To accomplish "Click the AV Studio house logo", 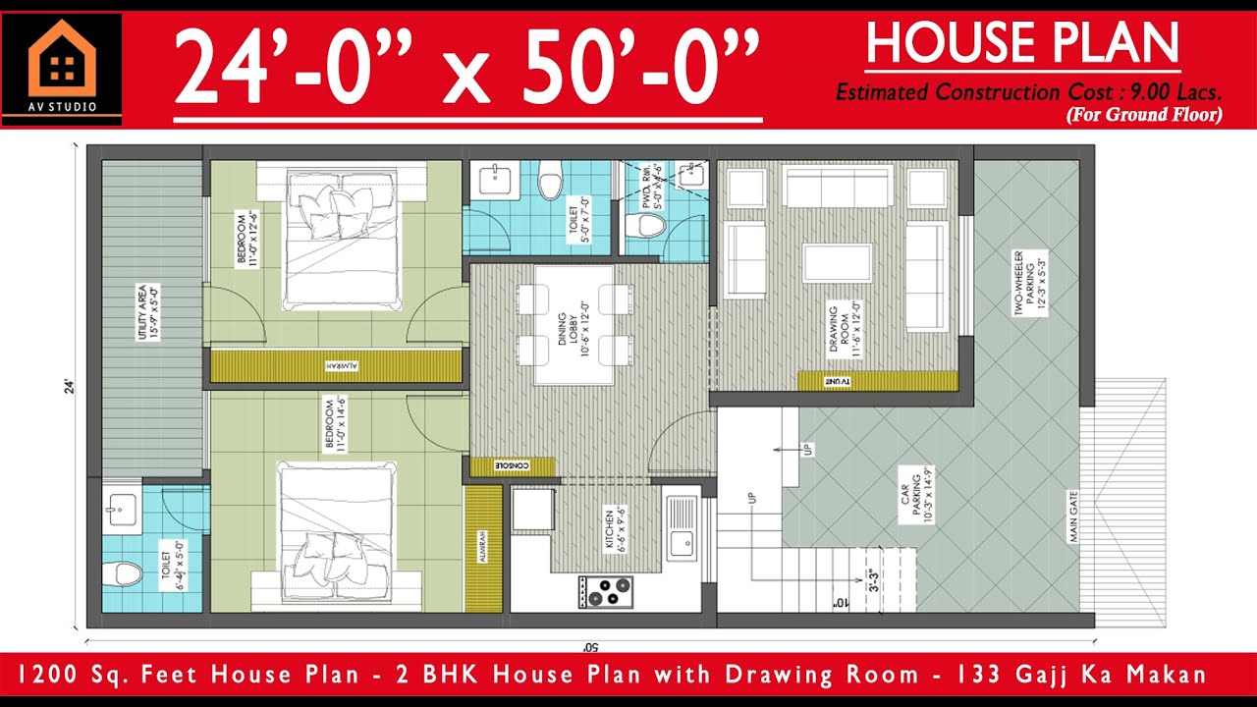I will click(x=62, y=61).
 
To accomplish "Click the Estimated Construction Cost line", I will click(x=1028, y=93).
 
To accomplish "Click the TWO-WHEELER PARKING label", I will click(x=1025, y=281).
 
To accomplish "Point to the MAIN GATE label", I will click(x=1073, y=517).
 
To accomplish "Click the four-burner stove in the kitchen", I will click(x=606, y=591).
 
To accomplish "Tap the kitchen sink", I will click(x=681, y=540).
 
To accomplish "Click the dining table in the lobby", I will click(x=574, y=324).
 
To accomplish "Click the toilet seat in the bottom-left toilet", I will click(x=121, y=573).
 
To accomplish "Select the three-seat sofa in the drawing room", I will click(x=837, y=187).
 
